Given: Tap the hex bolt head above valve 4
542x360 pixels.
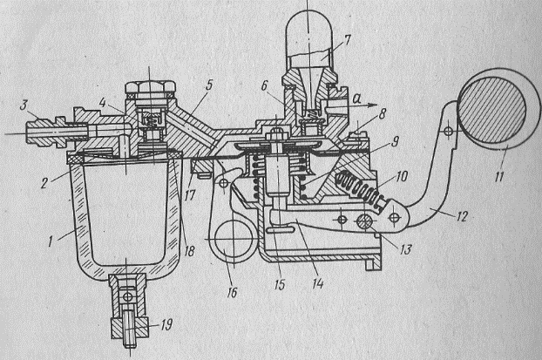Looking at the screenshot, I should coord(149,89).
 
